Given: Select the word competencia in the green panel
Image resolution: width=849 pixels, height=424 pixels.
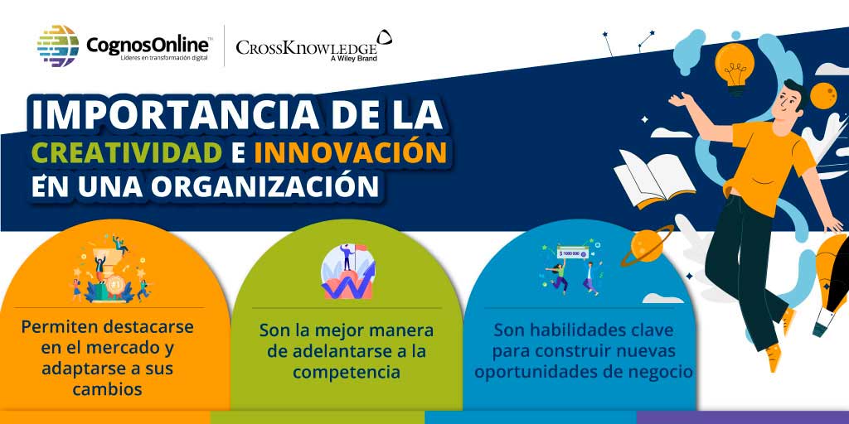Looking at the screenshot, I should click(x=346, y=372).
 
